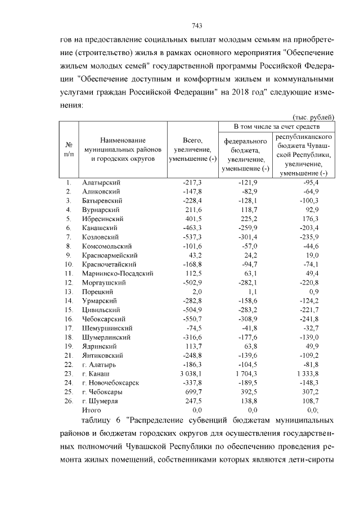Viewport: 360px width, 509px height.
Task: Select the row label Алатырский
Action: pyautogui.click(x=101, y=183)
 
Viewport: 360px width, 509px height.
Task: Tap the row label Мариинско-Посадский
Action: pyautogui.click(x=110, y=273)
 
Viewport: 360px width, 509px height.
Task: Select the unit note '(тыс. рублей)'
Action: pyautogui.click(x=316, y=116)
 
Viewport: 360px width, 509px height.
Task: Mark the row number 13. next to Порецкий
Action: pyautogui.click(x=68, y=291)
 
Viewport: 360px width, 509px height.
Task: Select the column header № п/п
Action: pyautogui.click(x=69, y=149)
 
